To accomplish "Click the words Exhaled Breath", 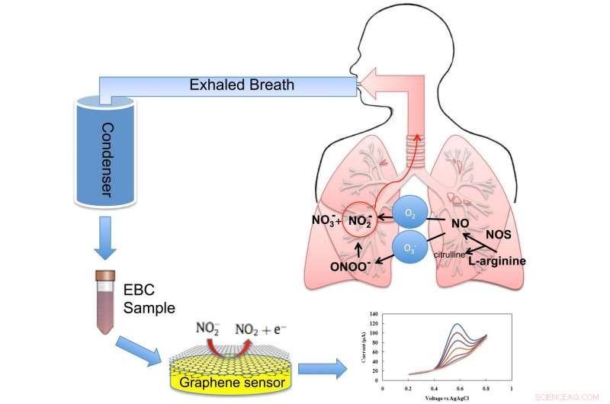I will point(242,85).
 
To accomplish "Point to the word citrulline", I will point(451,255).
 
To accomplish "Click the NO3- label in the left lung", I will point(326,221).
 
